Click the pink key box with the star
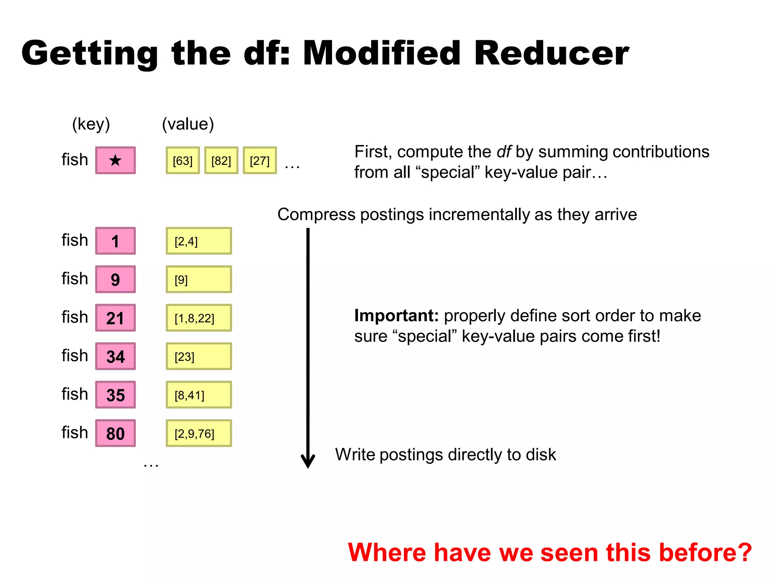pos(115,160)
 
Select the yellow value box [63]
pos(183,160)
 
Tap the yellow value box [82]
pos(221,160)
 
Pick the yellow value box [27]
pos(260,160)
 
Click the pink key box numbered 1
pos(115,241)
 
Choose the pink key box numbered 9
pos(115,279)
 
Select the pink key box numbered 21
pos(115,318)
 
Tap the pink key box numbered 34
pos(115,356)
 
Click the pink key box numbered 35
pos(115,395)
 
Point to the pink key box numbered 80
pos(115,433)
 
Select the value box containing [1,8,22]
pos(199,318)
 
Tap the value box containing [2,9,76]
pos(199,433)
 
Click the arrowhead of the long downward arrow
pos(308,461)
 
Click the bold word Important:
pos(396,316)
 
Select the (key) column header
pos(91,124)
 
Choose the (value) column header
pos(188,124)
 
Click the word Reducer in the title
pos(551,53)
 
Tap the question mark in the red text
pos(743,553)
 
